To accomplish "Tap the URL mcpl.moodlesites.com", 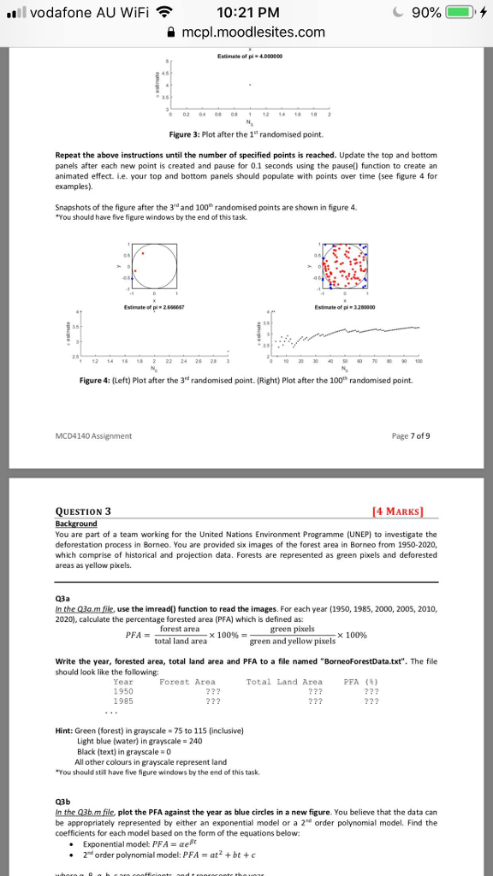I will (252, 33).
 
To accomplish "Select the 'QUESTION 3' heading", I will (82, 512).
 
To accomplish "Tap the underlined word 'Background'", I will (75, 523).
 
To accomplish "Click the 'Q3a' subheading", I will (63, 599).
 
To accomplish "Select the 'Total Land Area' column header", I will (284, 681).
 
